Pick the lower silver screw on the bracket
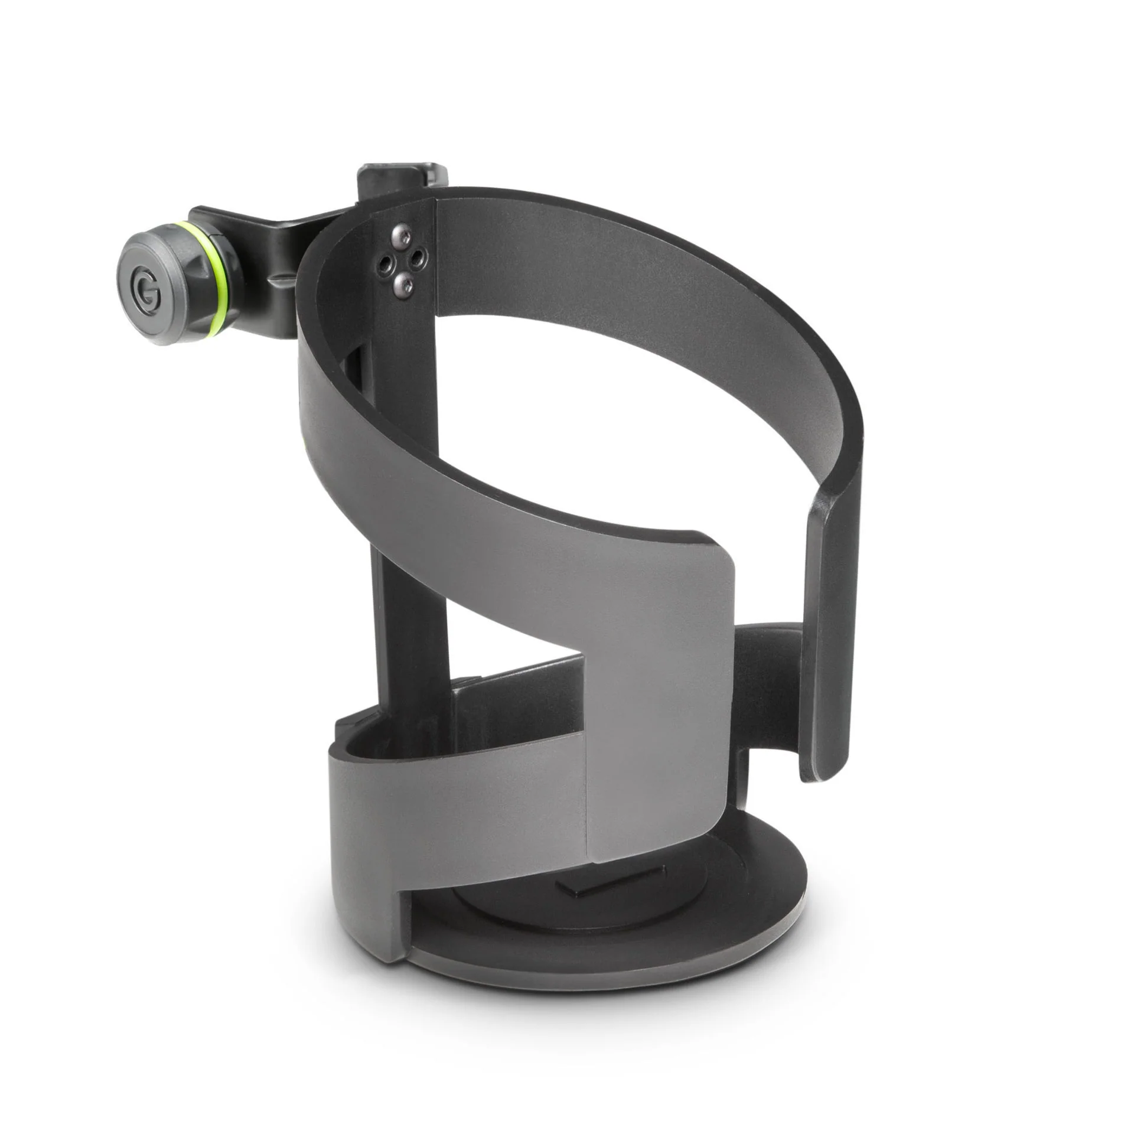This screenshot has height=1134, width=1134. click(x=404, y=285)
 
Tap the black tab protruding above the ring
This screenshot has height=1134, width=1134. click(x=402, y=178)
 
